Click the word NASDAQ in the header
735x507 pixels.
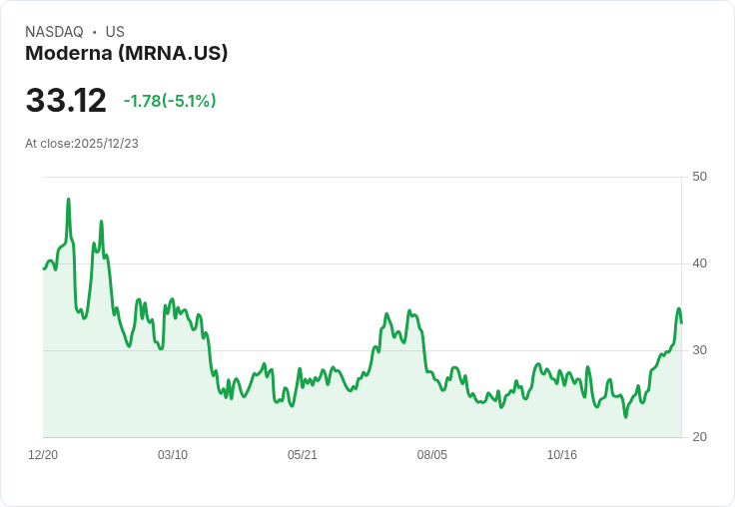[x=54, y=32]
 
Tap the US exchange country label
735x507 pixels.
[x=115, y=32]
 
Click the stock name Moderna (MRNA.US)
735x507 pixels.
[x=127, y=53]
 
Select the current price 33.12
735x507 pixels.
[x=66, y=101]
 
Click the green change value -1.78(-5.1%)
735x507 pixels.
[x=170, y=101]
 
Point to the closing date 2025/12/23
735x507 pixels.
[x=107, y=143]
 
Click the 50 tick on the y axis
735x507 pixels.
[x=699, y=177]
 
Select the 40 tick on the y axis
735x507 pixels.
[x=699, y=263]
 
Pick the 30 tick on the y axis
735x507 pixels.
[x=699, y=350]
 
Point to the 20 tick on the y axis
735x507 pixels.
[x=699, y=437]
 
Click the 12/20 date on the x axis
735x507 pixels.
[x=43, y=455]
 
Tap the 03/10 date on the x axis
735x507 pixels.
[x=173, y=455]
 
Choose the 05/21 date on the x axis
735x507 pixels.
[x=303, y=455]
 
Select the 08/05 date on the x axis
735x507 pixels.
[x=432, y=455]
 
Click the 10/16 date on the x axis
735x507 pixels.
[x=562, y=455]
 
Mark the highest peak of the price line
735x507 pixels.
[x=68, y=199]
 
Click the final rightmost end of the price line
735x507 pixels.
[x=681, y=322]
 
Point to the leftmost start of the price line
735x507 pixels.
[x=44, y=268]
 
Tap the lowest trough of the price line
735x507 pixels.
[x=626, y=417]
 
